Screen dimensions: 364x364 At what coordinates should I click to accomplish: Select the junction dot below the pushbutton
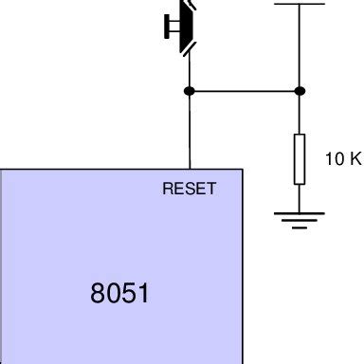(190, 91)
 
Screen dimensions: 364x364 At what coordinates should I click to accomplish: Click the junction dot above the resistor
(300, 91)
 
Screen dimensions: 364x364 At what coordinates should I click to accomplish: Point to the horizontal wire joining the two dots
(245, 91)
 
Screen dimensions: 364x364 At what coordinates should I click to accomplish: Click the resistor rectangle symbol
(300, 158)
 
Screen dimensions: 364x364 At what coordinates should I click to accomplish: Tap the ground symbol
(300, 220)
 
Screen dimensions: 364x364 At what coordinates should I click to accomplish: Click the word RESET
(190, 189)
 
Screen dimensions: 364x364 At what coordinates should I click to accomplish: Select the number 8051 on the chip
(119, 293)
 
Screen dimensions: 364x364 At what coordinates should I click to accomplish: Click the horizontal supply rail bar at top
(300, 4)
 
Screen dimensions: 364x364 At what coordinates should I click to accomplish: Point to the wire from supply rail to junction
(300, 47)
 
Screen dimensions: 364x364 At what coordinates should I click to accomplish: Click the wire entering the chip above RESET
(190, 133)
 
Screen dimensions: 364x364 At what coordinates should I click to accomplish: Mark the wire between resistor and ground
(300, 197)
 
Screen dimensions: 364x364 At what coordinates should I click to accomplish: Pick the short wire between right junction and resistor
(300, 114)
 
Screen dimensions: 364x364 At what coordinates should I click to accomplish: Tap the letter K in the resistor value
(355, 159)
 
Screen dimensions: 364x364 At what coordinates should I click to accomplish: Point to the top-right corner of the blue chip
(243, 170)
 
